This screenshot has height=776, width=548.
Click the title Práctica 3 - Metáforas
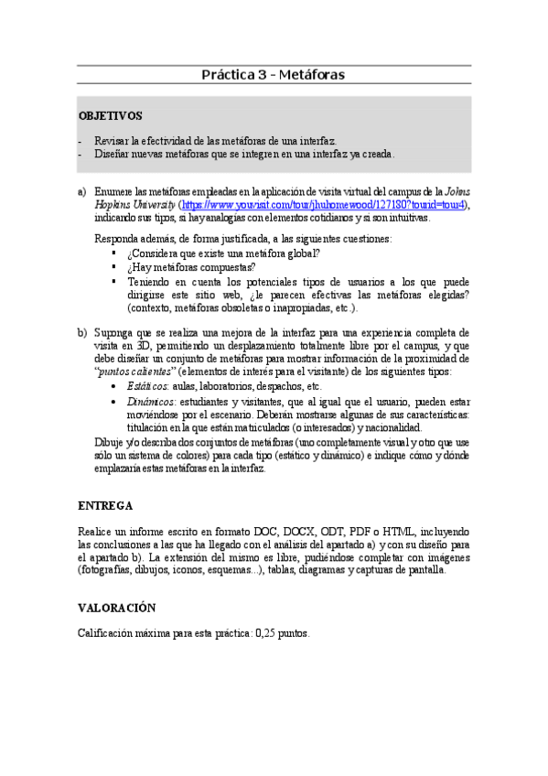[x=273, y=74]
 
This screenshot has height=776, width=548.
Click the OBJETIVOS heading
[x=110, y=117]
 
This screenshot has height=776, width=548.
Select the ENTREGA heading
[x=105, y=505]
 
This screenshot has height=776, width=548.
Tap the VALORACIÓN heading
[x=117, y=607]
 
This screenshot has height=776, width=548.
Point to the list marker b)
[x=82, y=332]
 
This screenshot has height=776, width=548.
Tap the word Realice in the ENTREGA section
[x=96, y=531]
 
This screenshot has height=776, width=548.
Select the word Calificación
[x=109, y=632]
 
